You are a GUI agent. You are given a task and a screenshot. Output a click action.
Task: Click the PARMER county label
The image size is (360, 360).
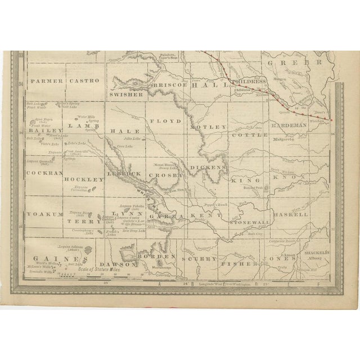[47, 81]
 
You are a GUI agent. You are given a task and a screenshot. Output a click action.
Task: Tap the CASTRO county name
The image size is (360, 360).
[84, 81]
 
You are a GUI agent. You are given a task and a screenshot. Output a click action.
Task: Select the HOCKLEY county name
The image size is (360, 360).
[85, 178]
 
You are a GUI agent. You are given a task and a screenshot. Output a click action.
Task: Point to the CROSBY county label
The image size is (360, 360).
[167, 175]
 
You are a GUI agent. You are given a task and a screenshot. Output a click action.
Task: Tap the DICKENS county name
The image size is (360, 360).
[208, 167]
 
